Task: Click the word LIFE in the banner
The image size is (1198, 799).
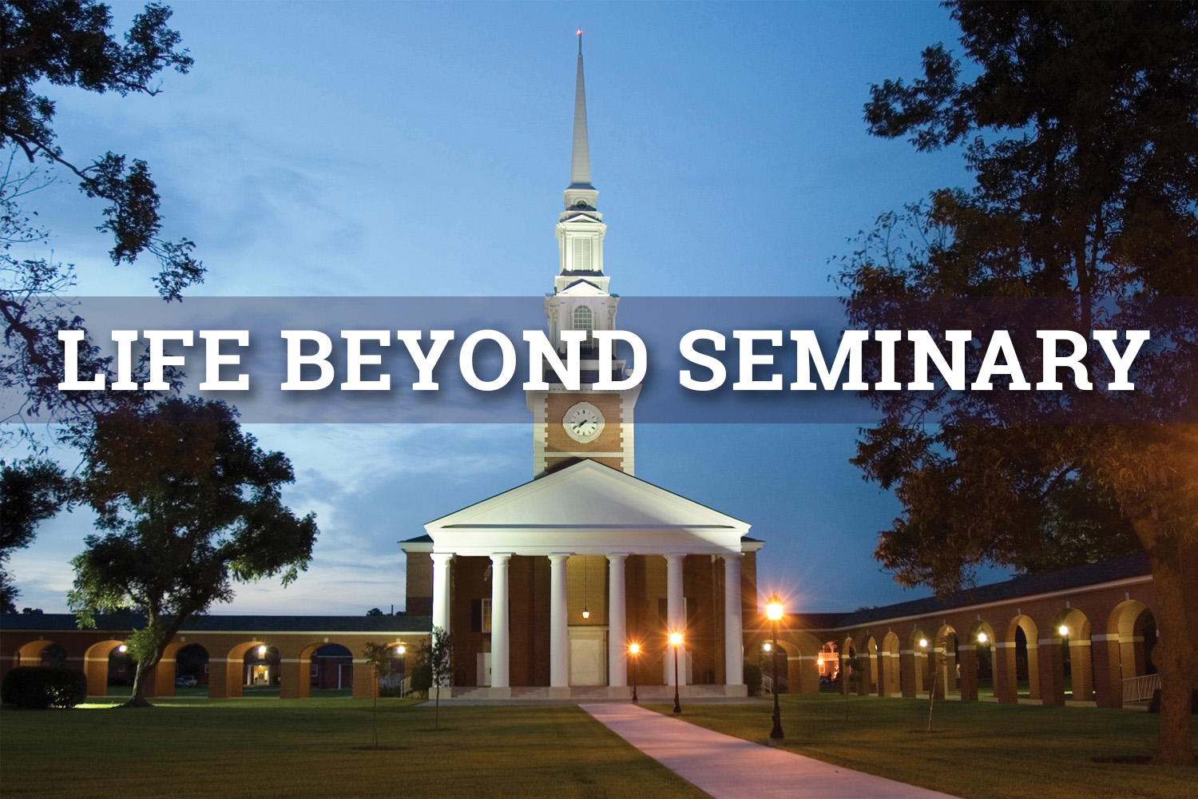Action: point(154,360)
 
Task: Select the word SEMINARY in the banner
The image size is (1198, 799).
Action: point(908,360)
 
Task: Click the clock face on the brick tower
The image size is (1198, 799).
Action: point(583,422)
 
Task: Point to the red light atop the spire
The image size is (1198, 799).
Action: point(579,34)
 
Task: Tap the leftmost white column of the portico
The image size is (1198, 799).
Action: point(442,620)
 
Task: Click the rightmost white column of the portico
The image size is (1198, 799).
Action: point(732,620)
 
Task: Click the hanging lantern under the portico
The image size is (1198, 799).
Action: point(586,612)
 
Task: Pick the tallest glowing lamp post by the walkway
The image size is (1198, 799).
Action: point(775,669)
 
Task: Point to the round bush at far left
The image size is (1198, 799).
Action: point(44,686)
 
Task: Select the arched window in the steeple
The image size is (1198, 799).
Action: point(582,318)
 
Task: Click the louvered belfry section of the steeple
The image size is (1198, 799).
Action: point(582,252)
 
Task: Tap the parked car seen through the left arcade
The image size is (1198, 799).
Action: point(185,682)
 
